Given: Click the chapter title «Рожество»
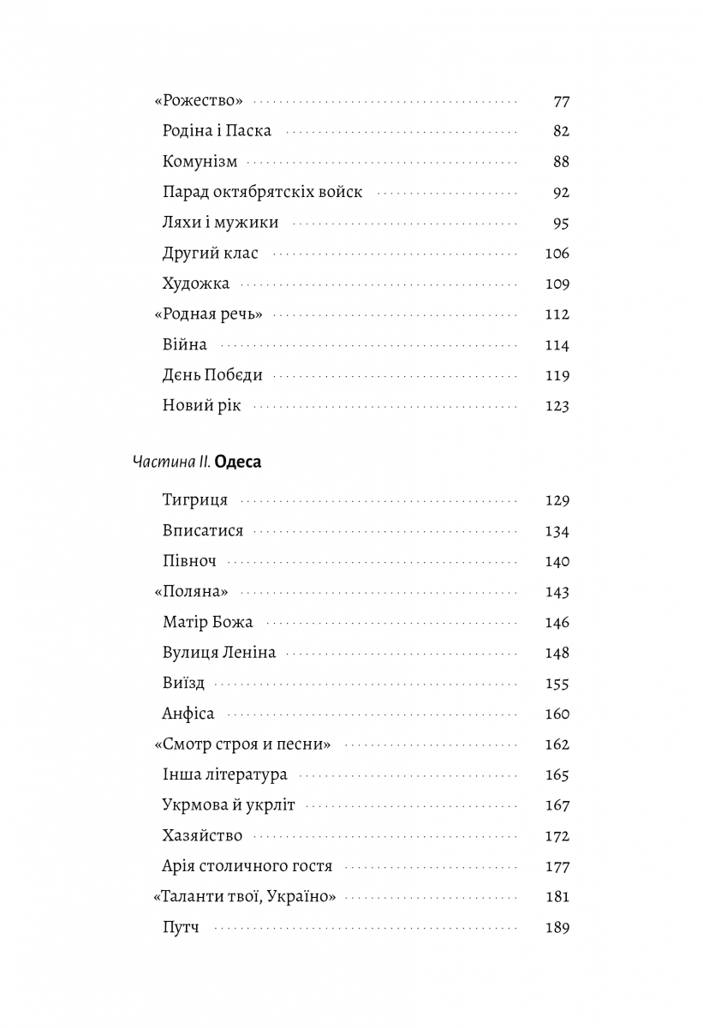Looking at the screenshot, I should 199,101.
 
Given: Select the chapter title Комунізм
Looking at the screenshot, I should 200,162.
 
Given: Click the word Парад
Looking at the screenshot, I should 186,193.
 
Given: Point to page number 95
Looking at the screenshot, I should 561,224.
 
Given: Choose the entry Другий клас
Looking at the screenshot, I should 210,254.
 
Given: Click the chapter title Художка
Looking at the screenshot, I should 195,284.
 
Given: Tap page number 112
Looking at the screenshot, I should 557,314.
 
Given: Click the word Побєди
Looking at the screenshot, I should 233,375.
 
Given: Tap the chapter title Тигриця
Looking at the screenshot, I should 194,500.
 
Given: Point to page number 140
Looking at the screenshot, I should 557,562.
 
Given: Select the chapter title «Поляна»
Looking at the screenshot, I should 197,592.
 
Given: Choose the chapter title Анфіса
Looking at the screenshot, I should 188,714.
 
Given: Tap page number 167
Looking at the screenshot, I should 557,805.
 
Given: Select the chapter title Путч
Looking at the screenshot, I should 180,928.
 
